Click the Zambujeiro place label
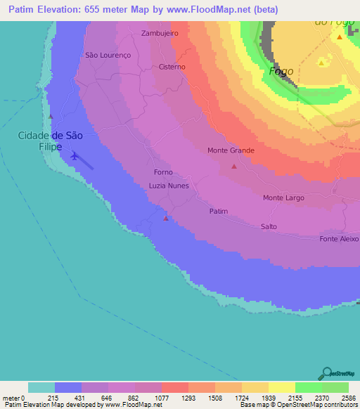coord(160,33)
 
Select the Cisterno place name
coord(172,67)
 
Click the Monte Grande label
coord(231,150)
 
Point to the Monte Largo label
coord(283,198)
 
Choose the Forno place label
coord(162,172)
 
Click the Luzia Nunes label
coord(169,186)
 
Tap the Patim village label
coord(219,211)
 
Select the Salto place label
coord(269,227)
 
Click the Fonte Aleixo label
coord(339,239)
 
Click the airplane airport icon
coord(75,156)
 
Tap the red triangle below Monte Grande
coord(234,167)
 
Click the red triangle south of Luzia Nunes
coord(166,218)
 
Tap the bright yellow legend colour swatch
coord(281,387)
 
